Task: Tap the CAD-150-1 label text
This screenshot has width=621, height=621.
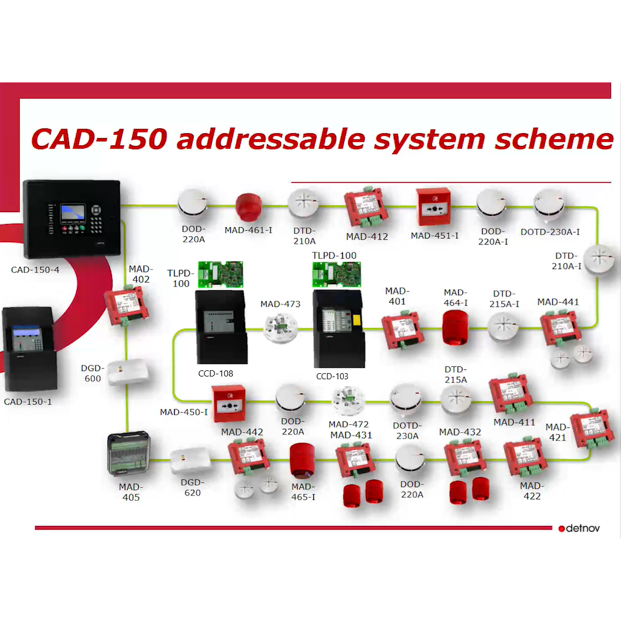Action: click(x=28, y=402)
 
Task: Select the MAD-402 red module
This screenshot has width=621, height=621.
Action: click(x=126, y=306)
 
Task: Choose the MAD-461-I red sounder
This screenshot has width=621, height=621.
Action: click(x=248, y=207)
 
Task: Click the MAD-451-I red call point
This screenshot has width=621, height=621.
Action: click(x=433, y=207)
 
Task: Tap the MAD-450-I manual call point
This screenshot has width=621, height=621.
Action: click(x=228, y=404)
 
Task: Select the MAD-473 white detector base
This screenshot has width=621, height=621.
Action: click(x=280, y=328)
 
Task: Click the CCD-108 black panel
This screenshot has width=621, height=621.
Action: click(x=221, y=327)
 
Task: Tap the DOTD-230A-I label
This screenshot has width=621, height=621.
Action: click(x=550, y=232)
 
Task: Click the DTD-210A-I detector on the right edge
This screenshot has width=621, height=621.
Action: click(x=598, y=258)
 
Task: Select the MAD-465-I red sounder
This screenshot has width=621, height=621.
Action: click(x=303, y=461)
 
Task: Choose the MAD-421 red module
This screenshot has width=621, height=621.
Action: click(x=592, y=429)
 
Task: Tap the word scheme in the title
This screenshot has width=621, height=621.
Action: click(x=554, y=139)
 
